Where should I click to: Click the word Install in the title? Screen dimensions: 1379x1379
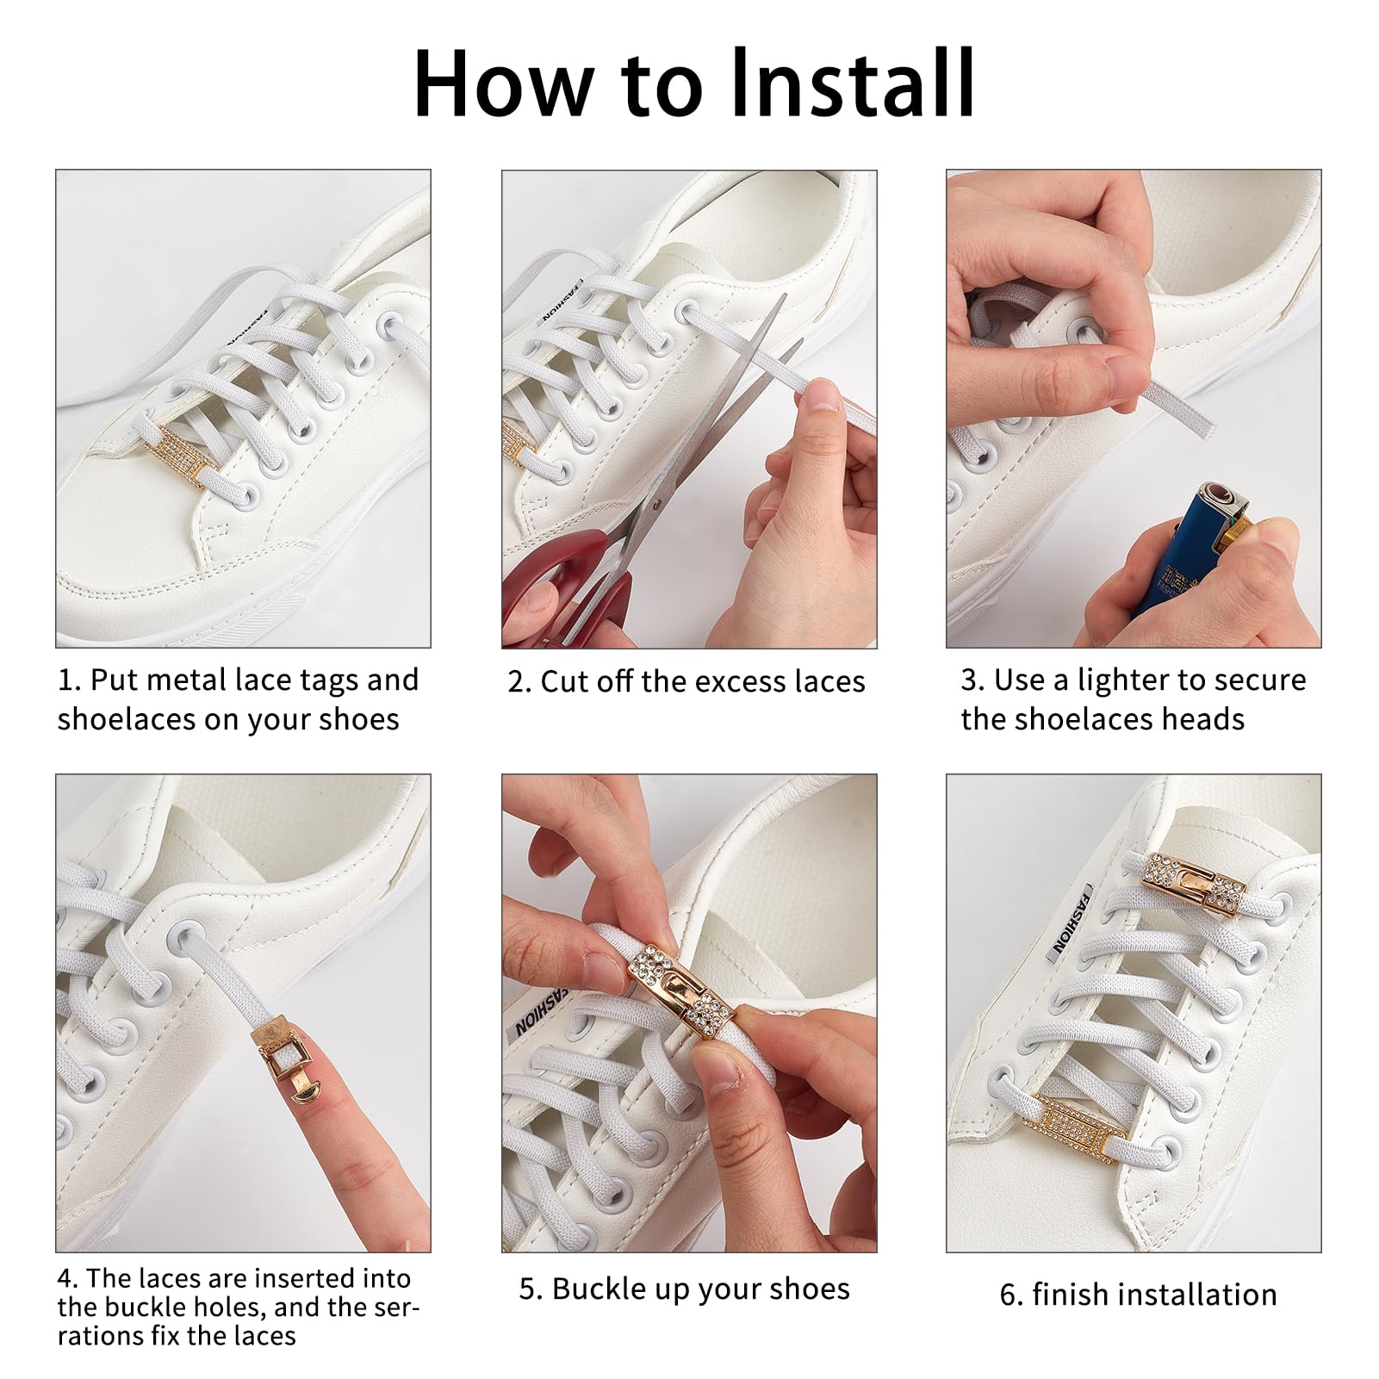[853, 84]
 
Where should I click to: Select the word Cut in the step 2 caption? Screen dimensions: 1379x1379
[563, 682]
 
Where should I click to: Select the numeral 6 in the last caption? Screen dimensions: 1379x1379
[1008, 1295]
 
